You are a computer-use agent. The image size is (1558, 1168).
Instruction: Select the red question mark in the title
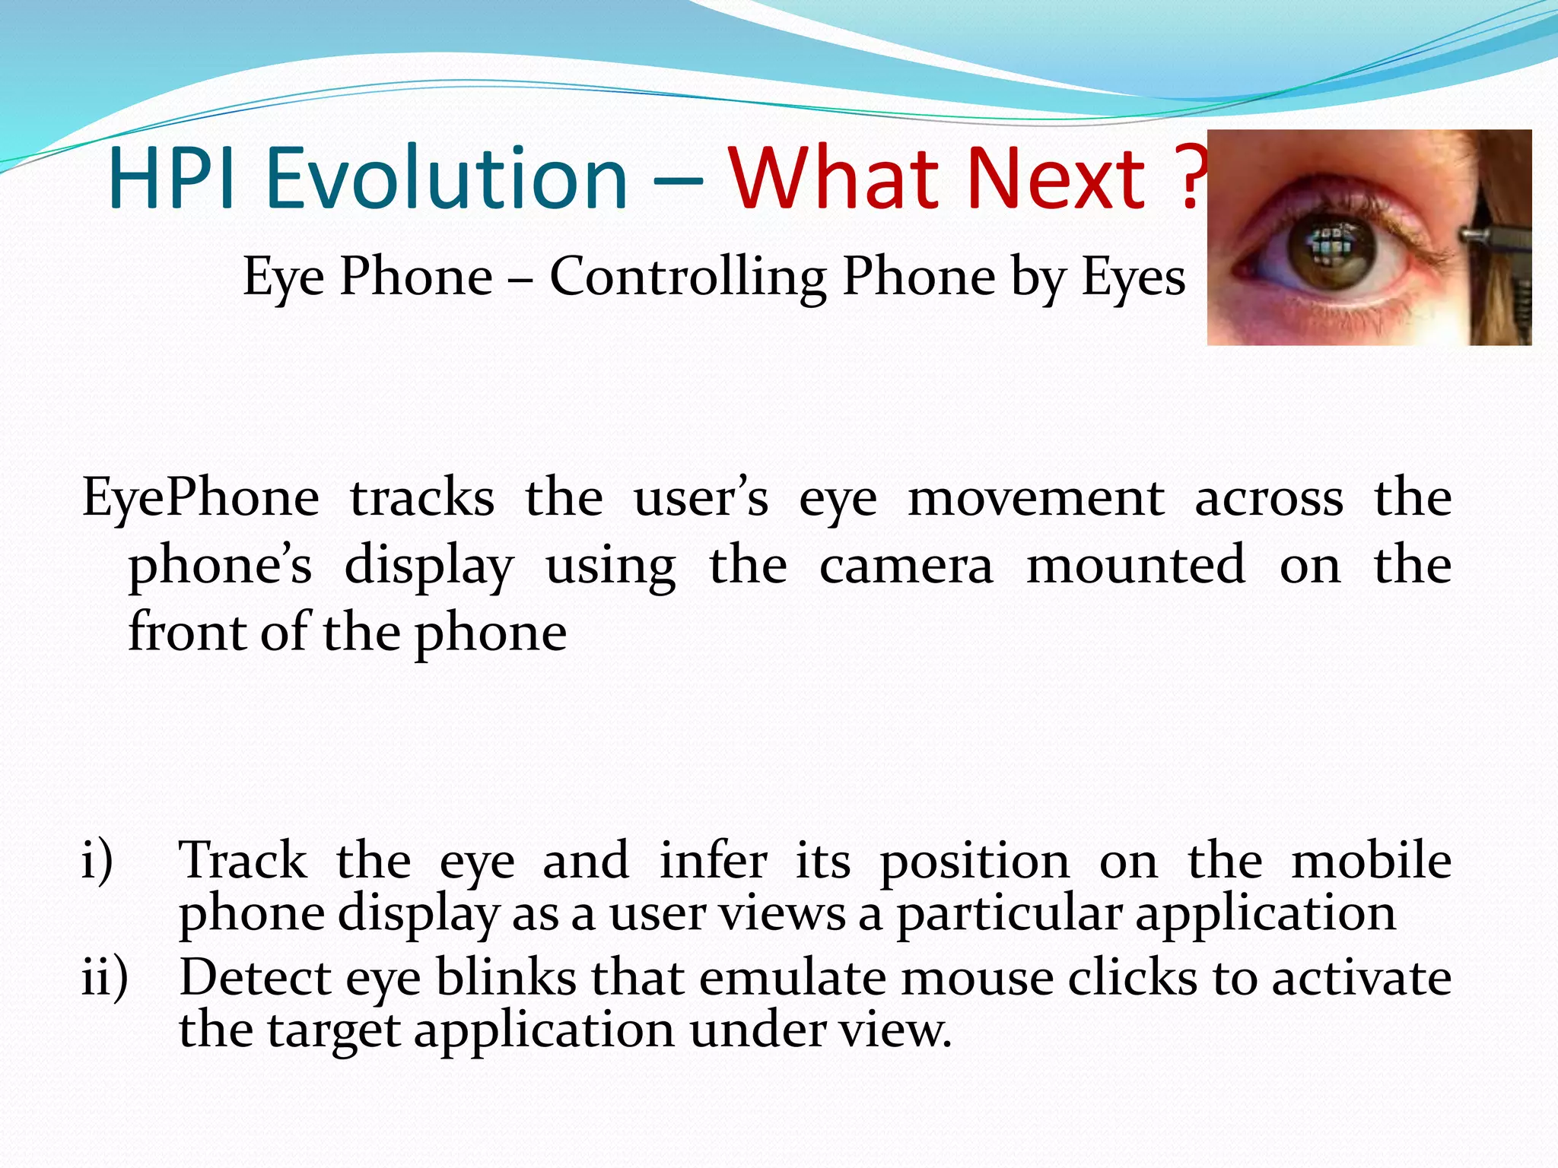point(1191,179)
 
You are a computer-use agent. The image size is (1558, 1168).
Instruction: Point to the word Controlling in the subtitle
point(688,277)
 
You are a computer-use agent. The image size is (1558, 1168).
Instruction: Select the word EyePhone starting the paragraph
point(200,499)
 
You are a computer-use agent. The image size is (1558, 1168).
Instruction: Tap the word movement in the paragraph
point(1035,499)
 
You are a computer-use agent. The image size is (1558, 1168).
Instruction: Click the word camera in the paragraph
point(906,566)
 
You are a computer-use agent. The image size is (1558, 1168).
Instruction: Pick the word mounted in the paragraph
point(1136,566)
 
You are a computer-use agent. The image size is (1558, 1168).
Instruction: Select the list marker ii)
point(104,977)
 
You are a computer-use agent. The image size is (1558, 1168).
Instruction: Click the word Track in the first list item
point(243,861)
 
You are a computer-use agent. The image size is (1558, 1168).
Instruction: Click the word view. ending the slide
point(895,1031)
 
